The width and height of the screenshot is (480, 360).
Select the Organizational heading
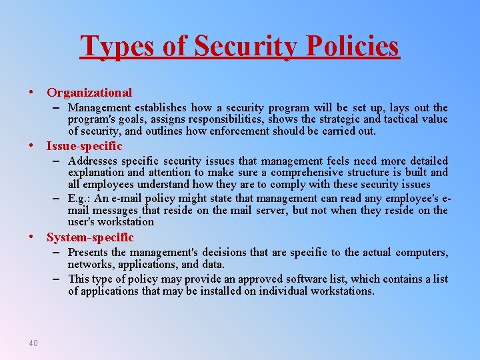89,93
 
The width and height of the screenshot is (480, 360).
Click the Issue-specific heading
84,145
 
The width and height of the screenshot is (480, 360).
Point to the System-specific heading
90,237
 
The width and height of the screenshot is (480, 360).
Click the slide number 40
33,343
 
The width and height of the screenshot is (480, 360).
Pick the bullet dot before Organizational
31,93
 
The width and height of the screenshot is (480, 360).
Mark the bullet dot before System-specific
31,237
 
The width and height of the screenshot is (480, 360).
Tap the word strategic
343,119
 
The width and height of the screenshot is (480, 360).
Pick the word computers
421,253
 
